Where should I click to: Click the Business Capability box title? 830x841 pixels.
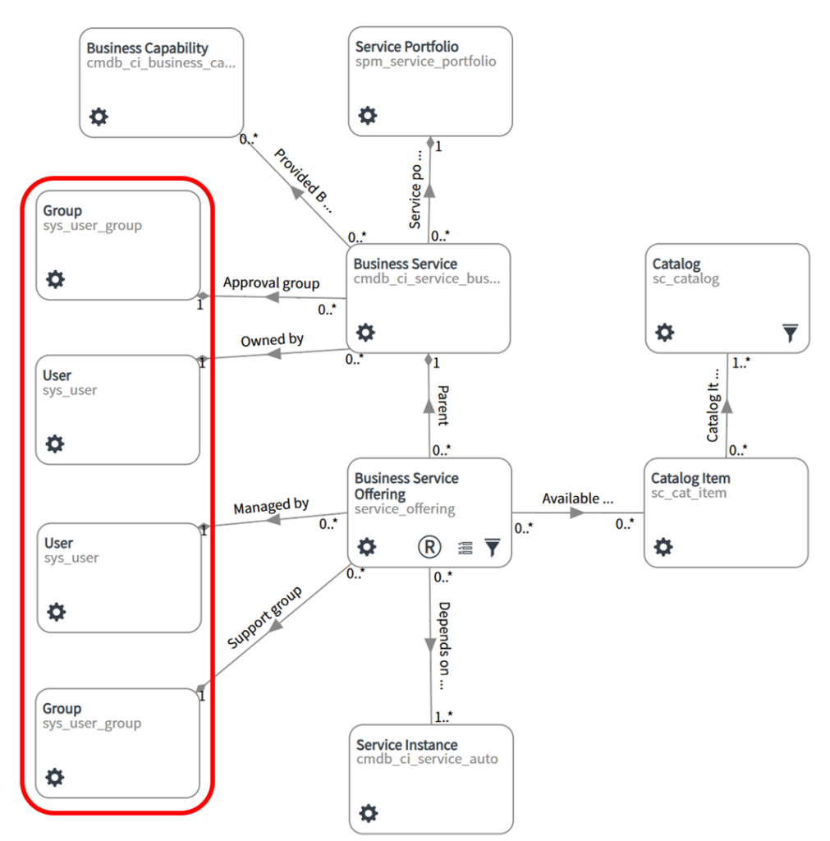coord(148,48)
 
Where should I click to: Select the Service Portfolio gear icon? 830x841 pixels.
coord(368,116)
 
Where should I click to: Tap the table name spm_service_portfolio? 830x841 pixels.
coord(425,62)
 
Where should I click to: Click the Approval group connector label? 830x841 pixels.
coord(271,283)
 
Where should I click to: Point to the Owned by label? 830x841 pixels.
coord(272,340)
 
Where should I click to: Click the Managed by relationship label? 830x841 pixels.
coord(271,507)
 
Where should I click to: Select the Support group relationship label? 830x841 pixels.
coord(264,618)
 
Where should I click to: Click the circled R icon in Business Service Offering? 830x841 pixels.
coord(429,547)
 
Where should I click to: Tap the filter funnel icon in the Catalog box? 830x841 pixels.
coord(789,333)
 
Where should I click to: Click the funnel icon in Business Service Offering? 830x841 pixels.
coord(492,548)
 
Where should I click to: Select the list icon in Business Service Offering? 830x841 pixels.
coord(465,548)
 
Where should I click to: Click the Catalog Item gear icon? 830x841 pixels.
coord(663,547)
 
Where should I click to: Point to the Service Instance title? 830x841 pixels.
coord(406,745)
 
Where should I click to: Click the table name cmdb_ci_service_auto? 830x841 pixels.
coord(427,760)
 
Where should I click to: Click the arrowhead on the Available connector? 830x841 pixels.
coord(577,512)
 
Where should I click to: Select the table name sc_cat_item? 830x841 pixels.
coord(689,493)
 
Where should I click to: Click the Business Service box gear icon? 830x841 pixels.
coord(365,333)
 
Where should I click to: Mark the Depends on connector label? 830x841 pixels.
coord(443,645)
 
